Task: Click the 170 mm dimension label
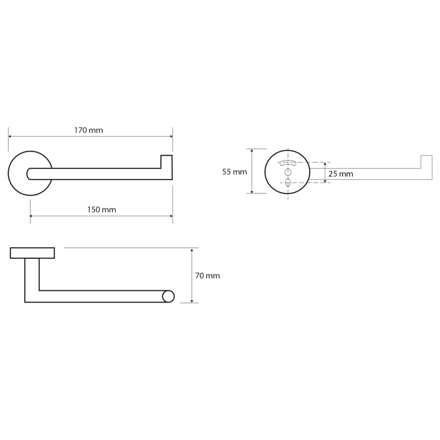click(89, 130)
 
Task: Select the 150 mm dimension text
click(101, 210)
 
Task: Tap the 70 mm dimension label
click(208, 276)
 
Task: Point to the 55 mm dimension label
click(235, 172)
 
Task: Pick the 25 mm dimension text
click(341, 174)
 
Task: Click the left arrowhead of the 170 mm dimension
click(10, 136)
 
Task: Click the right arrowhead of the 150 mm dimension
click(171, 216)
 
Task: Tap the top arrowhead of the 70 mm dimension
click(192, 250)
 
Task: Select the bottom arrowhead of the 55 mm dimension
click(252, 192)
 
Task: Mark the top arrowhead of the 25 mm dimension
click(325, 164)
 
